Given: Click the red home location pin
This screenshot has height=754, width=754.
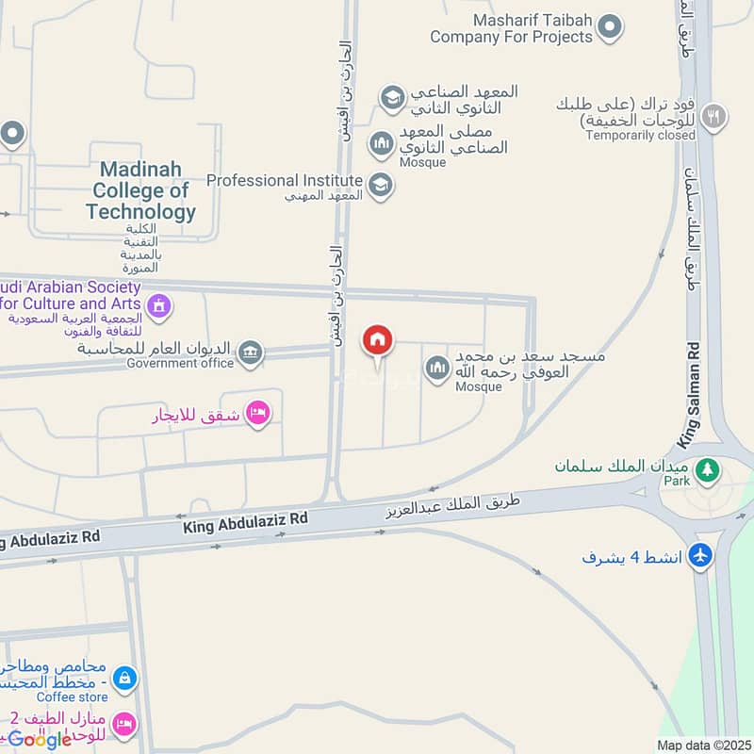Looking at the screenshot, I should point(378,341).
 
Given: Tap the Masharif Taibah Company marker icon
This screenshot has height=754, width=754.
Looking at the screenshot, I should point(610,27).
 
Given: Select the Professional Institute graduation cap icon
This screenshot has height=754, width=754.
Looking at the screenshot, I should point(380,185).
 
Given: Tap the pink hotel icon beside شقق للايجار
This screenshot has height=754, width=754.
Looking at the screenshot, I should point(257,413).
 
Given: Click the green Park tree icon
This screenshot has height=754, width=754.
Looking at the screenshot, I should point(704,467).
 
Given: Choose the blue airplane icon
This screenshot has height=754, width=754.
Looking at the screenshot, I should point(699,556).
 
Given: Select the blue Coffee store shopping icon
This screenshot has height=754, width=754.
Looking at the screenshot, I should point(123,677).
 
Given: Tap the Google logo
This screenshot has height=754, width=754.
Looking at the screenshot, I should point(40,739).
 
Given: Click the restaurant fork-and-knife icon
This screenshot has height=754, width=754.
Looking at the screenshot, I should point(715,115).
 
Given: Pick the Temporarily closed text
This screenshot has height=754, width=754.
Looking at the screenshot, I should point(640,136).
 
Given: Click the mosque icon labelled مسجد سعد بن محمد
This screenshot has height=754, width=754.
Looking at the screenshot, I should point(436,368).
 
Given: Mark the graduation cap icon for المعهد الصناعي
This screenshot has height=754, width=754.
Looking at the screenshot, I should point(391,96).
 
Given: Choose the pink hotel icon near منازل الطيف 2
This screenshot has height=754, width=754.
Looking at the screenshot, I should point(123,724).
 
